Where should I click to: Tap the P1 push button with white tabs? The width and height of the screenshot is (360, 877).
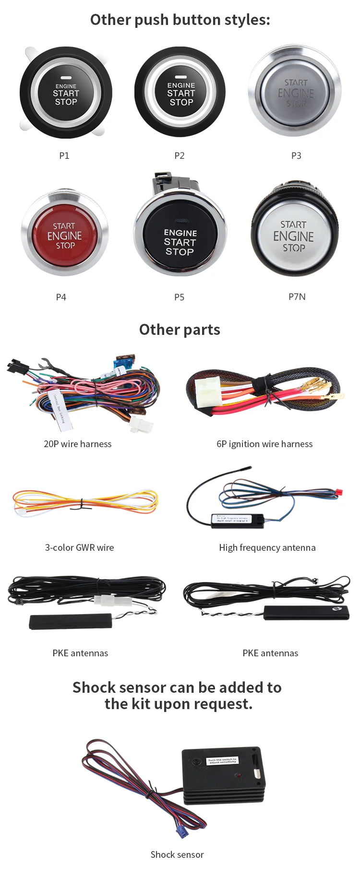tap(66, 93)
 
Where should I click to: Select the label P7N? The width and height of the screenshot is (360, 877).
tap(297, 296)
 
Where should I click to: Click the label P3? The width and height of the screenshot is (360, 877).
tap(296, 155)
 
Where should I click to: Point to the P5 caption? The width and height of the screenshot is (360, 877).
tap(179, 297)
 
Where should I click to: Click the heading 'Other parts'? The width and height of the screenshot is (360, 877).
tap(180, 330)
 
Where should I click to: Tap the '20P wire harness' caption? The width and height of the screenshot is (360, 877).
tap(78, 444)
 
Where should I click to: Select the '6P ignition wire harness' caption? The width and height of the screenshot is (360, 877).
tap(264, 444)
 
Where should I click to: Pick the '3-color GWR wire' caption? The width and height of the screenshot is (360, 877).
tap(80, 547)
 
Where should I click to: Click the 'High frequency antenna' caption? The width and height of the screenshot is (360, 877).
tap(267, 547)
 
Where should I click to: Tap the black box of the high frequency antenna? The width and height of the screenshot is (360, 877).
tap(237, 521)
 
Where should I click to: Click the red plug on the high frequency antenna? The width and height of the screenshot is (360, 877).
tap(339, 492)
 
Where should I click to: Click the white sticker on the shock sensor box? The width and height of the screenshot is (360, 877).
tap(222, 760)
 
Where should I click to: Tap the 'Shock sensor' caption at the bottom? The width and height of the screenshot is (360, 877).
tap(177, 854)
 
